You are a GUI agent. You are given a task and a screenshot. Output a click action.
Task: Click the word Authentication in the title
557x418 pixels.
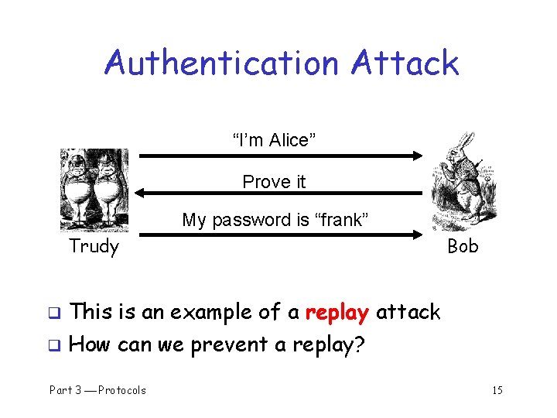[x=222, y=63]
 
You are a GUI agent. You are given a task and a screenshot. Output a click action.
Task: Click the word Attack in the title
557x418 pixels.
[x=405, y=63]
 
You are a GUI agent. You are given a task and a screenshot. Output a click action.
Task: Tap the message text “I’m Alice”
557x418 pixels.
[x=274, y=140]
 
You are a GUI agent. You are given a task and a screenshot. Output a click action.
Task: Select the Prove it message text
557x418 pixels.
[x=274, y=182]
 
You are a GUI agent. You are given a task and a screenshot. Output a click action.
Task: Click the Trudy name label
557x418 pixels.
[x=94, y=247]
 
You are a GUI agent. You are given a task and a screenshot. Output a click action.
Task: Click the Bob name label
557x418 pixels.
[x=463, y=247]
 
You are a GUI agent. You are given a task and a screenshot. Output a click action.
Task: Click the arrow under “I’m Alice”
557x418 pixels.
[x=278, y=156]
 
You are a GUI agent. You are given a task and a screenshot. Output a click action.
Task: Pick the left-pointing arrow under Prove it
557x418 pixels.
[x=278, y=194]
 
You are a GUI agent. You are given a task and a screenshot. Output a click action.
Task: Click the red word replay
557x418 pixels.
[x=337, y=313]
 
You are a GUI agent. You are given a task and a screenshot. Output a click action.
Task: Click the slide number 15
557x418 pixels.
[x=497, y=390]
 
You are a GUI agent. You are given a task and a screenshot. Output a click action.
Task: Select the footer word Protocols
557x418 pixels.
[x=121, y=390]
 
